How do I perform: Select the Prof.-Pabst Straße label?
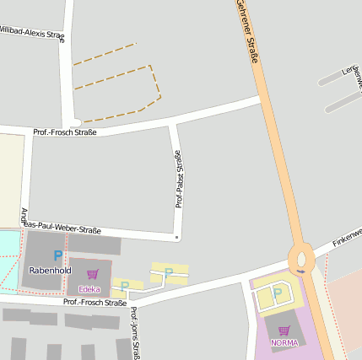179,178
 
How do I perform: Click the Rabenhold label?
46,270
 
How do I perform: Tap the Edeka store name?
89,288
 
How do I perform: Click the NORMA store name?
284,342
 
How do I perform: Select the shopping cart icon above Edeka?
92,274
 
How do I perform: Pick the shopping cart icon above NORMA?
284,330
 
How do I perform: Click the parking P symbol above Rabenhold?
57,255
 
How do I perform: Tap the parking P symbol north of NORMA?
277,293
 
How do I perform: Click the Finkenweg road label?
346,236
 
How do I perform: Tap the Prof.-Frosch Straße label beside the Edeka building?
95,302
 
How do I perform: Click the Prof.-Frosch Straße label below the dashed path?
65,132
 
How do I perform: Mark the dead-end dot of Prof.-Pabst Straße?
176,238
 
